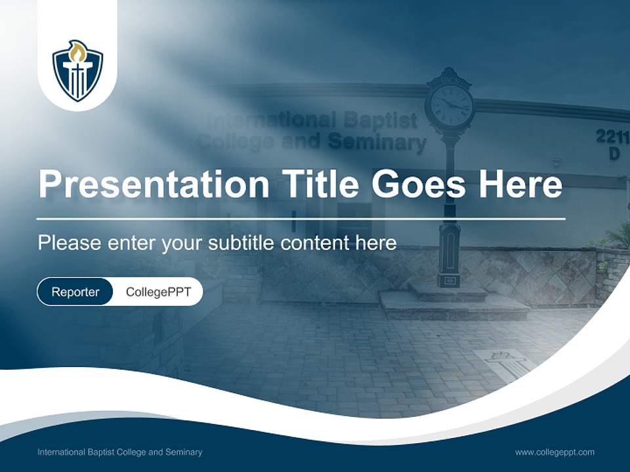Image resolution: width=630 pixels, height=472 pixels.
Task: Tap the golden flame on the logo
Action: (x=77, y=50)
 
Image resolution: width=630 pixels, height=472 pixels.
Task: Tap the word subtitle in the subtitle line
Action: (x=241, y=243)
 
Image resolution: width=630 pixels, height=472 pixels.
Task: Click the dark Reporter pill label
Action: (x=75, y=292)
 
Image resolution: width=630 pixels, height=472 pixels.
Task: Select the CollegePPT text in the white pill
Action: (x=158, y=292)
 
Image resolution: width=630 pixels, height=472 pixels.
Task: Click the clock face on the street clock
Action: (x=450, y=104)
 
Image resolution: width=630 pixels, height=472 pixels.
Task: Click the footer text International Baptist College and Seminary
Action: (x=119, y=452)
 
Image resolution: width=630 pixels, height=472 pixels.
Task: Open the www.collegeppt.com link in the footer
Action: (x=555, y=452)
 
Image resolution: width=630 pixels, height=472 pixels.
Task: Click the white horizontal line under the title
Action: (x=301, y=218)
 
